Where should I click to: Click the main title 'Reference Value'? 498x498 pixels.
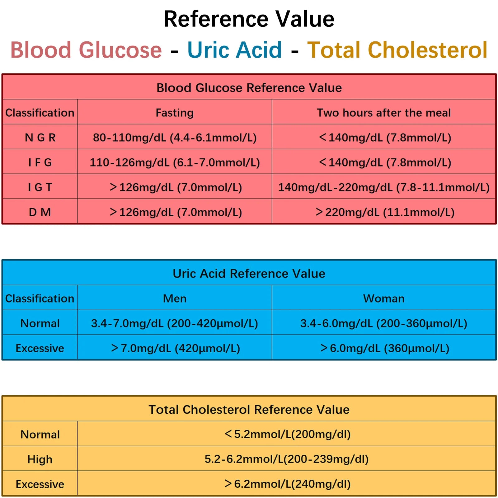[x=249, y=19]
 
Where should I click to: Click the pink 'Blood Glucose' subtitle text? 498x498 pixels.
[x=86, y=50]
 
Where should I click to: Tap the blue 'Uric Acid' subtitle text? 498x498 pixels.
[x=235, y=50]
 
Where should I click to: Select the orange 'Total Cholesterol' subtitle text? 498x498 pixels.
[x=397, y=50]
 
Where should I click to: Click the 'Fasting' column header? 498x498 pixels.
[x=175, y=113]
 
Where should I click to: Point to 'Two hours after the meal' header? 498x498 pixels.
[x=384, y=113]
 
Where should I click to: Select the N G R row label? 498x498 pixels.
[x=40, y=138]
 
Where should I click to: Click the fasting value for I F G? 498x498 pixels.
[x=175, y=162]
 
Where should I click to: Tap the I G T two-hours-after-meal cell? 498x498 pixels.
[x=384, y=187]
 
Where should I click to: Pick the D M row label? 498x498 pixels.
[x=40, y=212]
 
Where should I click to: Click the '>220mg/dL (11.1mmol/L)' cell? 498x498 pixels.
[x=385, y=212]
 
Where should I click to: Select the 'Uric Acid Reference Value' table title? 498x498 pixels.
[x=249, y=274]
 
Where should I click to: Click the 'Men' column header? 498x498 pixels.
[x=175, y=298]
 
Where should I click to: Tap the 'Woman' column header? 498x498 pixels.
[x=384, y=298]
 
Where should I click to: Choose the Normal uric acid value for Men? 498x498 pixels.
[x=175, y=323]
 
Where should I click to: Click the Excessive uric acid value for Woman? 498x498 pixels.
[x=385, y=348]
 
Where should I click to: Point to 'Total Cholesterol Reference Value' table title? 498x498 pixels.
[x=249, y=410]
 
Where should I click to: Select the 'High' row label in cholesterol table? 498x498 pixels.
[x=40, y=459]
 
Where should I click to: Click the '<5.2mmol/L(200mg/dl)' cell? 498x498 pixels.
[x=287, y=434]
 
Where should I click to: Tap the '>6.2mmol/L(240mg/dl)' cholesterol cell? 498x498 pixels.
[x=287, y=484]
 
